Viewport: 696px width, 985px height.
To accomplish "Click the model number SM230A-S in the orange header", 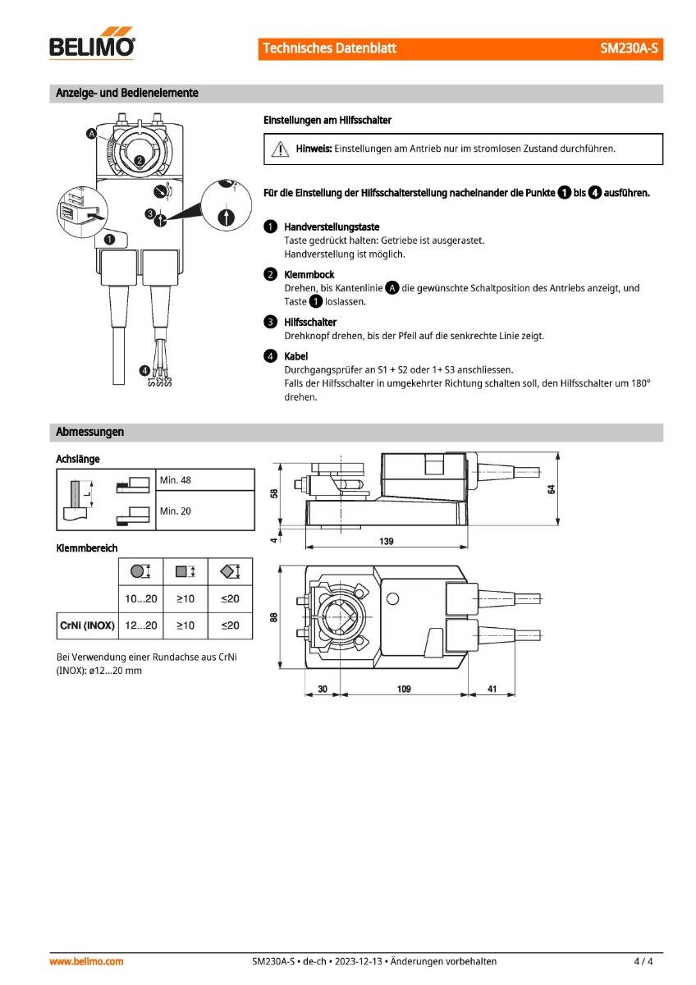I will point(630,48).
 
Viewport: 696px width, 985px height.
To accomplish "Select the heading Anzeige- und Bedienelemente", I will point(126,93).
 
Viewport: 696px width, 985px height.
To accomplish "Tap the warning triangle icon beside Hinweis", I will point(280,149).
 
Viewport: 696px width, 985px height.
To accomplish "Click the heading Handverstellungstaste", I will point(332,227).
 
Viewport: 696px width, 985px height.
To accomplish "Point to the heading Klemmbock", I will point(309,274).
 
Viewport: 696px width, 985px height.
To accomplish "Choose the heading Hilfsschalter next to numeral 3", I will point(310,322).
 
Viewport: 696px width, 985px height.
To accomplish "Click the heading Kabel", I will point(295,356).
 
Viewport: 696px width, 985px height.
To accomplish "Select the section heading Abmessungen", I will point(89,432).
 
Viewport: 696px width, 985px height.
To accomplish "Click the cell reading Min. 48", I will point(176,480).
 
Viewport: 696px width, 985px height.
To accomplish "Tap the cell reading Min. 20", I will point(176,511).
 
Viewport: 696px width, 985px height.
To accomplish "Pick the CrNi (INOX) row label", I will point(87,625).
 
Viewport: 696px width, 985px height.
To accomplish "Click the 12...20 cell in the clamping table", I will point(140,625).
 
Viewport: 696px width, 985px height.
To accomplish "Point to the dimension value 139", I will point(387,541).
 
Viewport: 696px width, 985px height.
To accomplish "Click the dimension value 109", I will point(404,689).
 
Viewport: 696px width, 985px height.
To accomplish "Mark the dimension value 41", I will point(491,689).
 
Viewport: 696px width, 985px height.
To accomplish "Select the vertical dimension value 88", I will point(274,618).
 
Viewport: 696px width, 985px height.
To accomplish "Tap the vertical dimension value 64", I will point(552,489).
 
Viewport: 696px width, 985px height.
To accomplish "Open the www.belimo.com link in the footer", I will point(87,961).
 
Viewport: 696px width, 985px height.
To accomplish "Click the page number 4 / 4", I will point(643,961).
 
